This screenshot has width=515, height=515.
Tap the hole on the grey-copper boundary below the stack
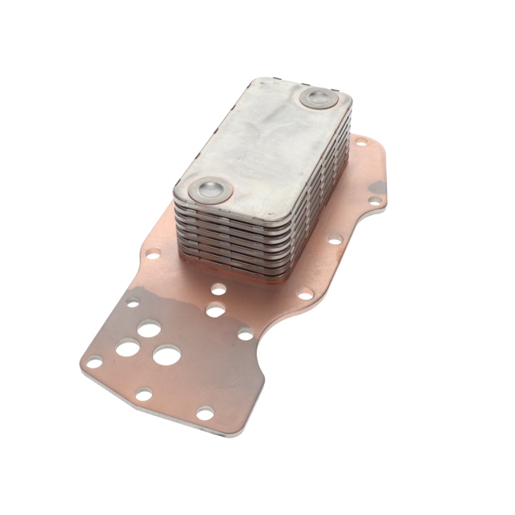point(215,309)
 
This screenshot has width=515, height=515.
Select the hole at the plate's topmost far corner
point(361,142)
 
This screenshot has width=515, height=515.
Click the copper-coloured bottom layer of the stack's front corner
point(241,274)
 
